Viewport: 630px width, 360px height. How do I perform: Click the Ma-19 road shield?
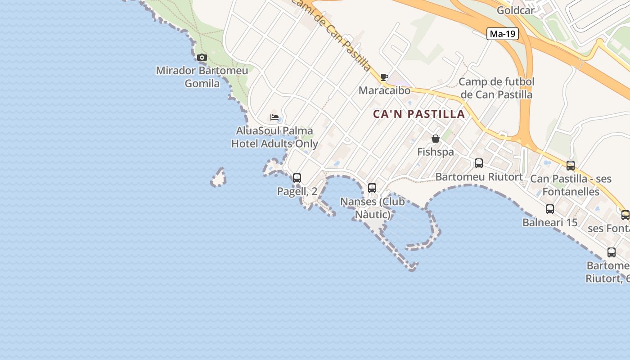(503, 34)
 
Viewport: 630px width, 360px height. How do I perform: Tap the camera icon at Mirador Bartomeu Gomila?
(202, 57)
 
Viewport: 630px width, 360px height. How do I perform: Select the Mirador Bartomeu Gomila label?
(202, 77)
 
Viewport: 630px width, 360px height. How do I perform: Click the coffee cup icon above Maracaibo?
(384, 77)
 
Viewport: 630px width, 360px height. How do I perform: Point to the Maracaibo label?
(384, 90)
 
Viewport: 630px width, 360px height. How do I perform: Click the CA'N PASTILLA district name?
(418, 114)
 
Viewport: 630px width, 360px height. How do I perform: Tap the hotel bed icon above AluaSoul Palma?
(274, 117)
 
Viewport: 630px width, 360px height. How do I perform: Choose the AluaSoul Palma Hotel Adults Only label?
(274, 137)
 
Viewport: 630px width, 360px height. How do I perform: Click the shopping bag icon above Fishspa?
(435, 139)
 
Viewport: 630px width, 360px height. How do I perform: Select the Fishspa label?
(435, 152)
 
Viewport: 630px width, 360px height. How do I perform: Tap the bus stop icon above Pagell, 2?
(297, 178)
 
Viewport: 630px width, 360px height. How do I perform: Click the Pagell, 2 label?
(297, 191)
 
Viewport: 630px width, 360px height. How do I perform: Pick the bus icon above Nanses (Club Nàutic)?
(372, 188)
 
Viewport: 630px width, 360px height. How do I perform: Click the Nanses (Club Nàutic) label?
(373, 208)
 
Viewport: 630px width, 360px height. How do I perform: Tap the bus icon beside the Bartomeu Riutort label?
(479, 163)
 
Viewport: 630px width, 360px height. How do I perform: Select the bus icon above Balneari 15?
(550, 209)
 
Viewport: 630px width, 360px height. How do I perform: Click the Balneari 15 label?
(550, 222)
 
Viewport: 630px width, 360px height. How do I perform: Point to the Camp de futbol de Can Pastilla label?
(496, 88)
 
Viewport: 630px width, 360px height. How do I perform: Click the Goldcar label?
(516, 10)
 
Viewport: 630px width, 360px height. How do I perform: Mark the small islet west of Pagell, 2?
(219, 178)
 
